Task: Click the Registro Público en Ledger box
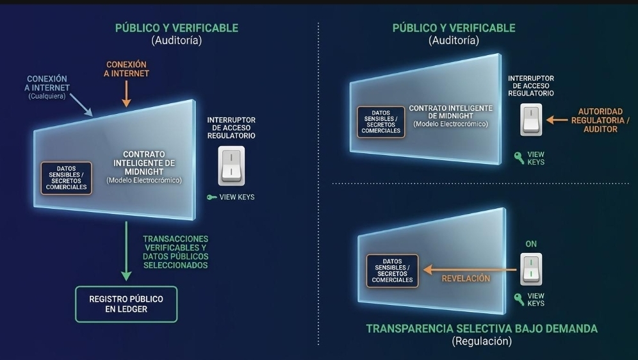(x=126, y=304)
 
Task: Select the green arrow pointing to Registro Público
(x=126, y=250)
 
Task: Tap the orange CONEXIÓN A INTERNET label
(x=127, y=69)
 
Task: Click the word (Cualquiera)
(x=47, y=97)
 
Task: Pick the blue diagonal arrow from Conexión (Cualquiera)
(x=81, y=104)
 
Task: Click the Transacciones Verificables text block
(x=175, y=252)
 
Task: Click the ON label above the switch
(x=531, y=244)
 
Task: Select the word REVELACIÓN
(x=466, y=279)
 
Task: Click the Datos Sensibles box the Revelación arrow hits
(x=392, y=271)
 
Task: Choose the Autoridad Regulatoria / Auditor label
(x=600, y=120)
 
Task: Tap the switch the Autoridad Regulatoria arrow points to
(x=532, y=120)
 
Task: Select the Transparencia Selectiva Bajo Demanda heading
(x=482, y=329)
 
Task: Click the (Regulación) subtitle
(x=482, y=341)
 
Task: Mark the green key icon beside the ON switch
(x=519, y=299)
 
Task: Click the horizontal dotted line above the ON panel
(x=480, y=184)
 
